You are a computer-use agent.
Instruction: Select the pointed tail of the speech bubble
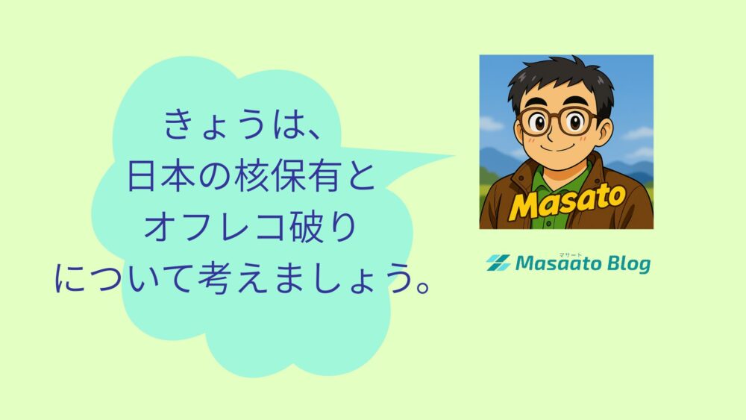440,157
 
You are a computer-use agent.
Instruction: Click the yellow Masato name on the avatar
566,201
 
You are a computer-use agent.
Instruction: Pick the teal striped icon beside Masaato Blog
498,263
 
